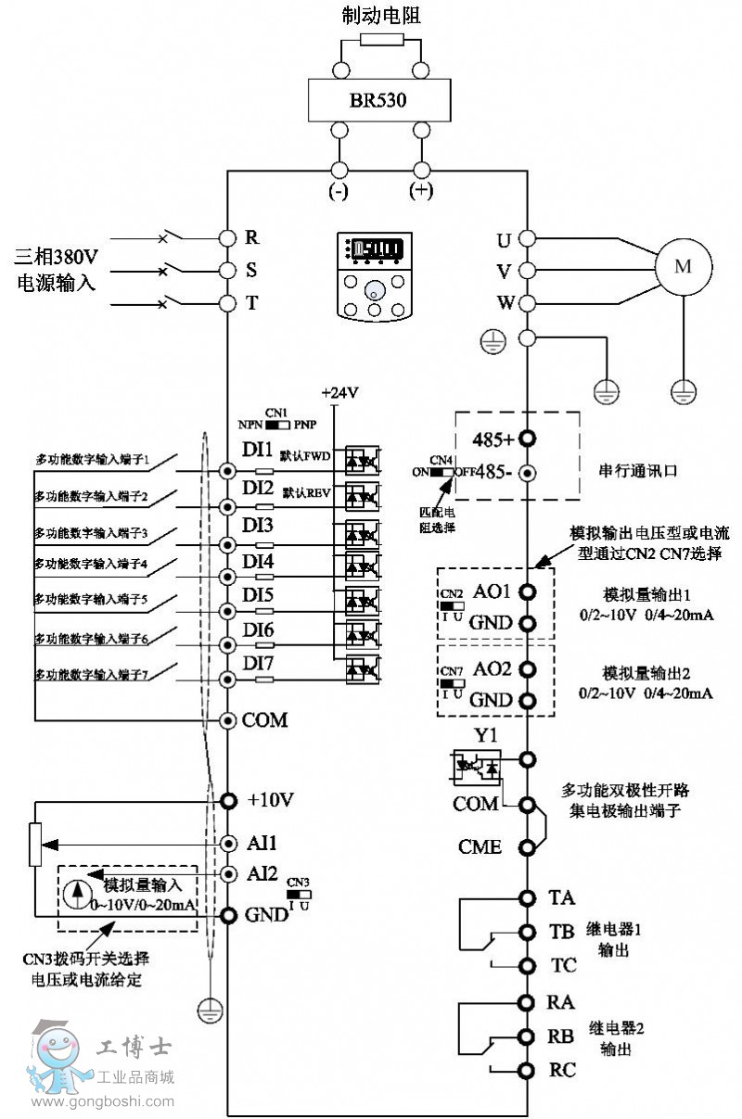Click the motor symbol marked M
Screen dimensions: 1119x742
(x=683, y=267)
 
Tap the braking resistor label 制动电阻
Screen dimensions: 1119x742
(x=380, y=15)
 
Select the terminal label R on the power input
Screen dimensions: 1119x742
(x=251, y=237)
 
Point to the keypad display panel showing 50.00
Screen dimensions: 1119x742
(x=376, y=250)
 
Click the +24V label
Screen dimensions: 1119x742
(x=339, y=393)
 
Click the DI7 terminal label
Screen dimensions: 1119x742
(x=258, y=665)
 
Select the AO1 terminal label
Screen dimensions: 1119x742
(x=492, y=591)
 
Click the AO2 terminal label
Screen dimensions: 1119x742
(x=492, y=669)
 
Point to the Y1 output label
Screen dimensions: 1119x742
(x=486, y=737)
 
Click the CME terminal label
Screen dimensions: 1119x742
(x=480, y=846)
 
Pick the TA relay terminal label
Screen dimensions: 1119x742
(x=562, y=897)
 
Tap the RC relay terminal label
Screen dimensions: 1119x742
(x=562, y=1070)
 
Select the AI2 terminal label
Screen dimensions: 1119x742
(x=262, y=874)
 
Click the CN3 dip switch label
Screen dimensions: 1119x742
(x=298, y=882)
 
